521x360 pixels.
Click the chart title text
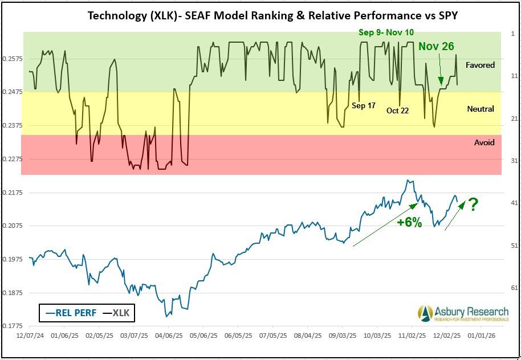click(x=272, y=15)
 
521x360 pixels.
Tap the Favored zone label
click(x=480, y=65)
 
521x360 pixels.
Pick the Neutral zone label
click(x=480, y=109)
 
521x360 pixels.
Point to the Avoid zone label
click(x=484, y=142)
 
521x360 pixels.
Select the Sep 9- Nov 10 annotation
click(x=386, y=32)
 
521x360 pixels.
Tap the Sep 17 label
click(x=364, y=105)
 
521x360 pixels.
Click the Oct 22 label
click(x=397, y=111)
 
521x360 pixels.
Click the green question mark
click(x=473, y=204)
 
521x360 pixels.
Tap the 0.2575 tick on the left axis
click(x=11, y=59)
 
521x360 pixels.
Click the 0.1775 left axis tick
click(x=11, y=326)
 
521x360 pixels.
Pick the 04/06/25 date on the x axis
click(x=169, y=336)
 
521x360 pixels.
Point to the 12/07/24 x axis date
click(x=29, y=336)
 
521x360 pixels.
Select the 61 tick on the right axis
click(x=513, y=287)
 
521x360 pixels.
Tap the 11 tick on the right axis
click(x=513, y=76)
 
